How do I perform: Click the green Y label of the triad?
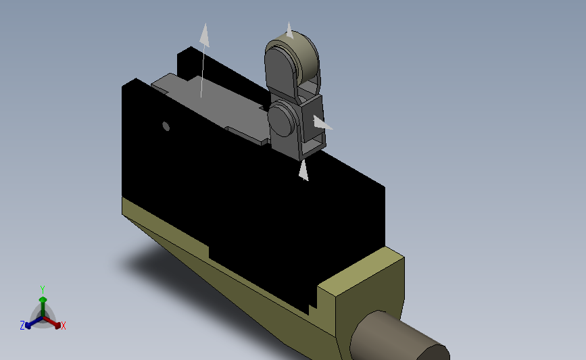click(43, 290)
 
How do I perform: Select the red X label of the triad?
click(63, 326)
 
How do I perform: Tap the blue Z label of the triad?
click(22, 326)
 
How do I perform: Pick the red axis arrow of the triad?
click(52, 322)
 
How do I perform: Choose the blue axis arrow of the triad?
click(34, 322)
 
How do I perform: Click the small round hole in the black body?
click(166, 126)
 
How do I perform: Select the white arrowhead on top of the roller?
click(290, 30)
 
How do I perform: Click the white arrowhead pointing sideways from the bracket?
click(322, 123)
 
